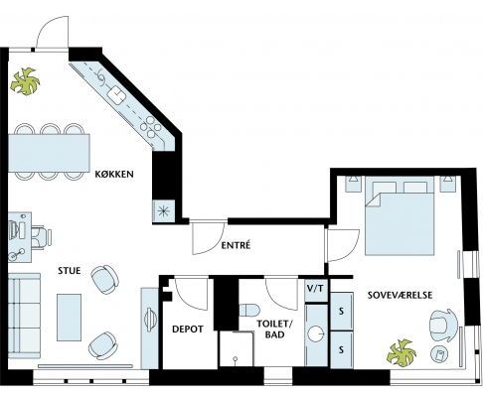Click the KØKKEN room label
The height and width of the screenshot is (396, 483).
(114, 174)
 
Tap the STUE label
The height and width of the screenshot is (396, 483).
(70, 271)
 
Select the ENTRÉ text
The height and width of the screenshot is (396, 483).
(236, 245)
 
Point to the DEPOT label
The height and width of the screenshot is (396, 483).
(188, 330)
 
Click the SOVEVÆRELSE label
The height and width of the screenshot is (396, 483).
(401, 295)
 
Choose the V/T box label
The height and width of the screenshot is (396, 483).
(315, 289)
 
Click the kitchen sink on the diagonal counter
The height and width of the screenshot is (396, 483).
(116, 94)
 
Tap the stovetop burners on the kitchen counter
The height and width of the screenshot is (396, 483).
(151, 127)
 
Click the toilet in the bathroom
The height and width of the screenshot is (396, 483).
(248, 311)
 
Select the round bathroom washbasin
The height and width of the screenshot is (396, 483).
(316, 333)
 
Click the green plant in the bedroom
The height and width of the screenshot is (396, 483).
(402, 353)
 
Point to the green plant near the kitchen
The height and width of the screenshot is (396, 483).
(25, 81)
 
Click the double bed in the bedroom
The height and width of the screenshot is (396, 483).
(400, 215)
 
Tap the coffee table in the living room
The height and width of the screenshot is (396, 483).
(69, 318)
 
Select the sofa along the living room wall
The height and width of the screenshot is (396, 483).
(24, 316)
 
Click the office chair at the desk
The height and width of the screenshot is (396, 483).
(41, 237)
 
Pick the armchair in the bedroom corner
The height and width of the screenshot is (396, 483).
(443, 326)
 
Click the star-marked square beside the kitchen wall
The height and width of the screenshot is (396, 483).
(164, 211)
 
